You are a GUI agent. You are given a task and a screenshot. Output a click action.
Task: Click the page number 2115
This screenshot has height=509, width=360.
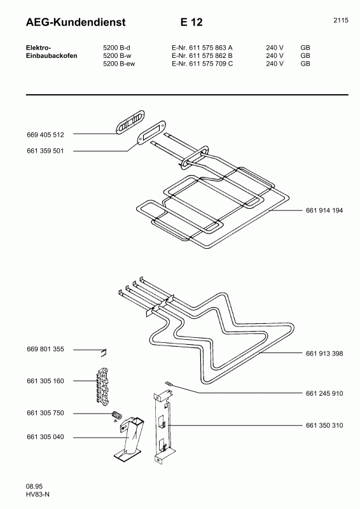pos(340,20)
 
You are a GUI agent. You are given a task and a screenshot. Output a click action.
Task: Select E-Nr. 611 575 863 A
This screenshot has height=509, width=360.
pos(202,48)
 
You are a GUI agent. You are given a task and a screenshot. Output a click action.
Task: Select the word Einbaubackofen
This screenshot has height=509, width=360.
pos(52,55)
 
